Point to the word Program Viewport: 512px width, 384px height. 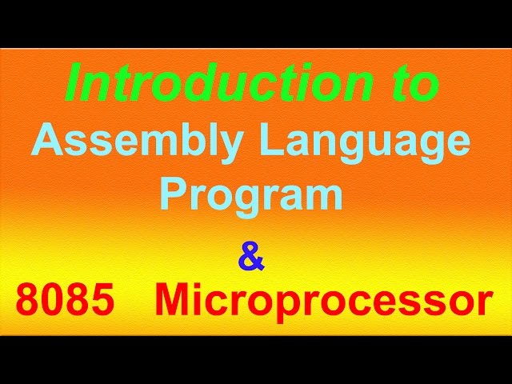(x=251, y=194)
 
